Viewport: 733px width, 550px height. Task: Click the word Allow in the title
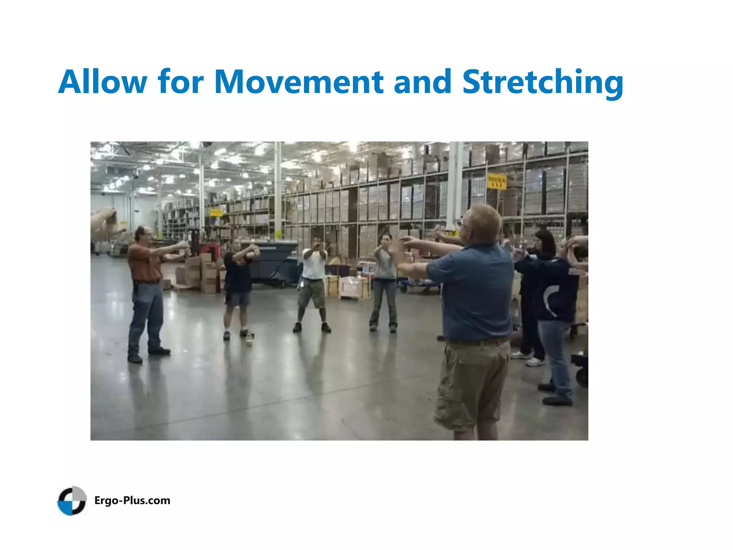click(103, 82)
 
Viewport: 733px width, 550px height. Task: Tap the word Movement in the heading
click(298, 82)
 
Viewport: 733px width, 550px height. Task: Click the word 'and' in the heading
click(422, 82)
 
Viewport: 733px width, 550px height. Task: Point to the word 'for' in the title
click(181, 82)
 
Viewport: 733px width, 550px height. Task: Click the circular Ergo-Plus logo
click(72, 500)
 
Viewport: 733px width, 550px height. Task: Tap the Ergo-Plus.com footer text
click(132, 500)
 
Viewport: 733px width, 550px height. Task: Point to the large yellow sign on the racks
click(497, 181)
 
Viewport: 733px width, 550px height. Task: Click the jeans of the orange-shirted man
click(147, 315)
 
